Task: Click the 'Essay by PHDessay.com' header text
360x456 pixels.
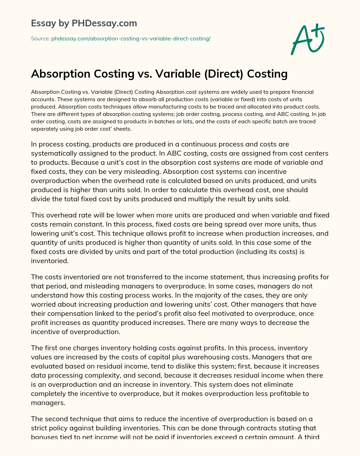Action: [84, 23]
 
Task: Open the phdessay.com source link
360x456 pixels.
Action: [131, 39]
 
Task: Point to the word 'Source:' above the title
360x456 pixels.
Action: [40, 39]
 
